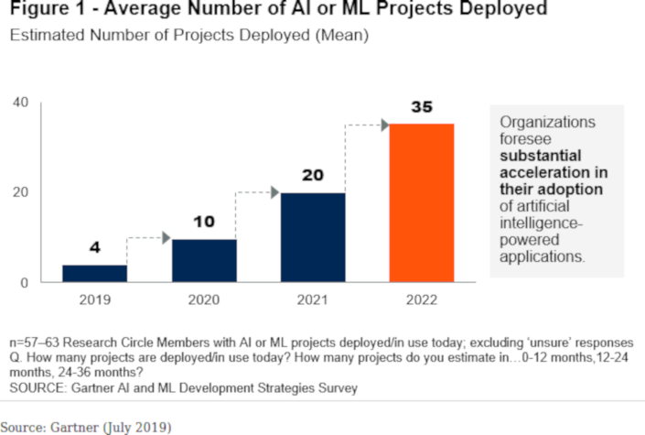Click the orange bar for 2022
click(x=422, y=202)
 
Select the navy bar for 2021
click(x=313, y=237)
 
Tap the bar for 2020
click(x=204, y=260)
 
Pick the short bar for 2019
click(x=95, y=273)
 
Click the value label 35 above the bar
click(x=421, y=108)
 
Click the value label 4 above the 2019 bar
click(x=95, y=248)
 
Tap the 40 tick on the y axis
click(x=20, y=102)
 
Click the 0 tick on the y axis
click(x=25, y=282)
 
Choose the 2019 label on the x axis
click(x=95, y=300)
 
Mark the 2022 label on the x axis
click(x=422, y=300)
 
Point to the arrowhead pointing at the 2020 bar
click(x=166, y=238)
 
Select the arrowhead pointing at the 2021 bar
click(x=274, y=192)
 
